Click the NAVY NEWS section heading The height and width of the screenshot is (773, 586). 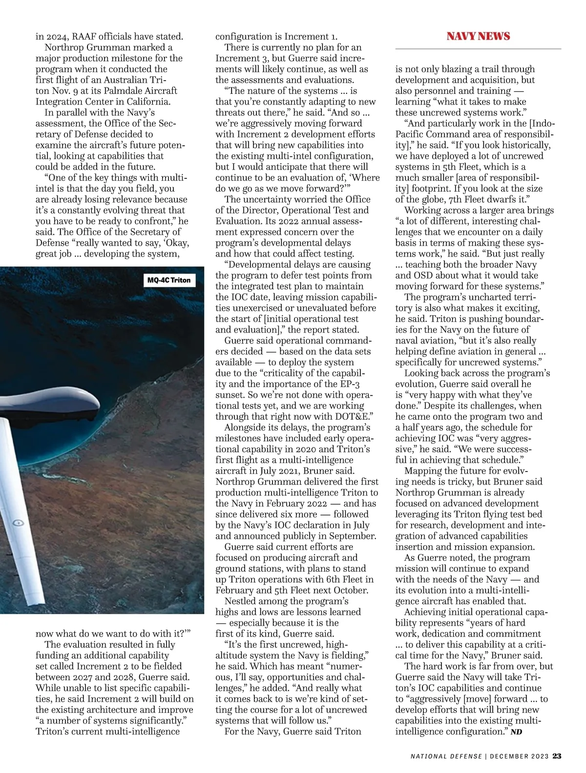coord(478,36)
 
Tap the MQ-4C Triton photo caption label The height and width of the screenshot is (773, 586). coord(169,280)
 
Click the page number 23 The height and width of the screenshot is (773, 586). coord(557,756)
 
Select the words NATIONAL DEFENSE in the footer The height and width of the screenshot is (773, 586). coord(445,756)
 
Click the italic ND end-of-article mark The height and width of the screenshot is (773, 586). coord(516,731)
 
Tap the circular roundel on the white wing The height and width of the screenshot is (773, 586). coord(18,523)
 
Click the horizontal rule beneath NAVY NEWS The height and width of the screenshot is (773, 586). coord(478,49)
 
